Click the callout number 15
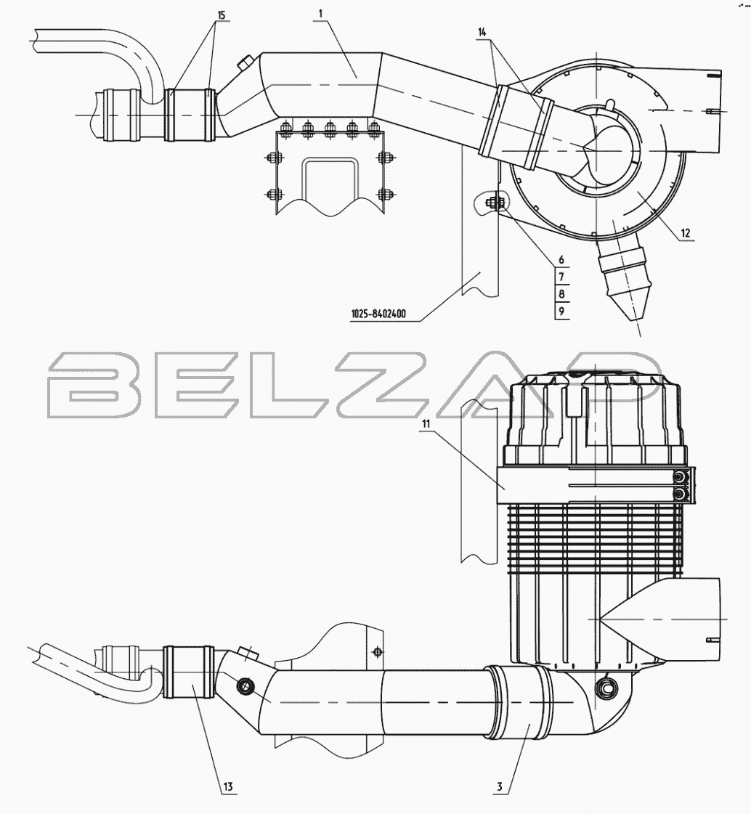(x=222, y=15)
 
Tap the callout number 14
(x=482, y=32)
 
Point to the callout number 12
(x=686, y=233)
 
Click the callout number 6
(x=561, y=259)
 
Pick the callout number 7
(x=561, y=277)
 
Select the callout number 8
(x=561, y=294)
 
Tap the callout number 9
(x=561, y=312)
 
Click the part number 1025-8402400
(x=378, y=314)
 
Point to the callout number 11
(x=426, y=423)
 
